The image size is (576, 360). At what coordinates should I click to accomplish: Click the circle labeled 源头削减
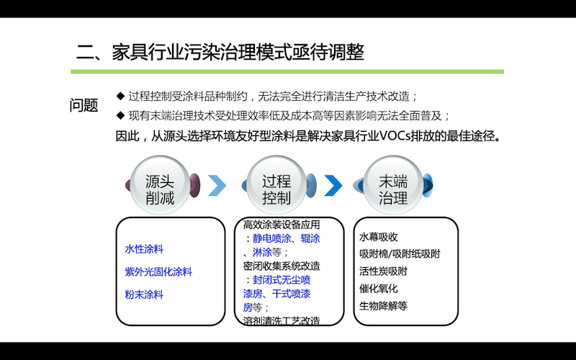tap(160, 186)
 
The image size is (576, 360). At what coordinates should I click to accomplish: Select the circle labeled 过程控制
tap(276, 186)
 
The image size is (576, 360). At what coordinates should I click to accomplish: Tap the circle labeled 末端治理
tap(393, 186)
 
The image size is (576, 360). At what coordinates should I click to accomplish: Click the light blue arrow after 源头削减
tap(217, 186)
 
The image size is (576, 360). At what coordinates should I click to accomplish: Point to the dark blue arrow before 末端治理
tap(333, 186)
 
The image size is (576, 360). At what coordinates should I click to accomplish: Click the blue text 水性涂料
tap(144, 249)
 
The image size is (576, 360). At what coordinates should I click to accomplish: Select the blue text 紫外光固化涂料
tap(158, 272)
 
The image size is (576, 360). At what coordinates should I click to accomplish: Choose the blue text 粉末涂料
tap(144, 294)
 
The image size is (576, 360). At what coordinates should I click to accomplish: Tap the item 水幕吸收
tap(379, 237)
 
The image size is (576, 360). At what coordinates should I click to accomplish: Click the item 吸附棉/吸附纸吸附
tap(400, 254)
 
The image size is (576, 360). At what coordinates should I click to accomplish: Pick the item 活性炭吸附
tap(383, 271)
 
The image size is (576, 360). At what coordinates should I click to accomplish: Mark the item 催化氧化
tap(379, 289)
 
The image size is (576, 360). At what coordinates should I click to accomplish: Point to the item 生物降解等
tap(383, 305)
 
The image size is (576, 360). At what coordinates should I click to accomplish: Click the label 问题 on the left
tap(84, 106)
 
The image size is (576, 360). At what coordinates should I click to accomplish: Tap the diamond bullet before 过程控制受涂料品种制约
tap(120, 96)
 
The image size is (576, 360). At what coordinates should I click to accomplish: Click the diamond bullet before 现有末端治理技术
tap(120, 116)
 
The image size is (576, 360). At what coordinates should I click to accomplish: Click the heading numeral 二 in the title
tap(86, 53)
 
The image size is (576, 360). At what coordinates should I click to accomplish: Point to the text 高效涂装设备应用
tap(282, 225)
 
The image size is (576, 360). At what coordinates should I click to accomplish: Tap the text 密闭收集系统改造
tap(282, 266)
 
